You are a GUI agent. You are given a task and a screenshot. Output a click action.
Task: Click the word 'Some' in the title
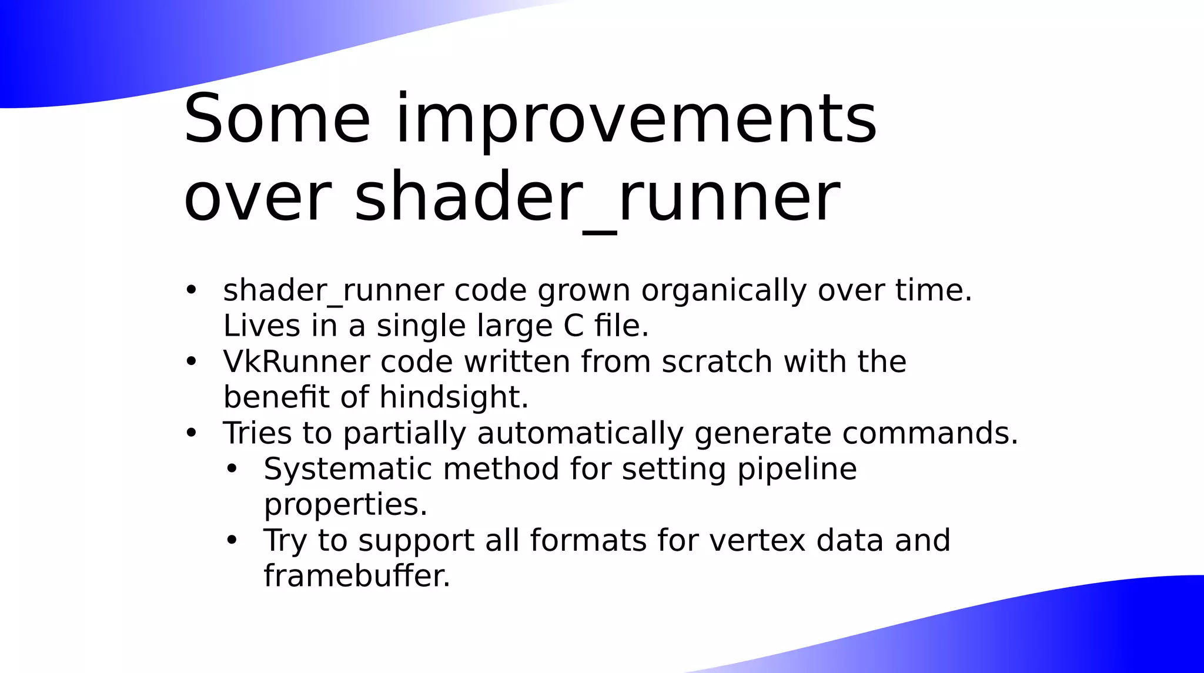point(277,120)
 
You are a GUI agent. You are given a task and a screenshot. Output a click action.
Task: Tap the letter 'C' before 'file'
point(573,326)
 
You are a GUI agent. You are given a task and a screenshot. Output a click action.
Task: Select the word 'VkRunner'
point(296,361)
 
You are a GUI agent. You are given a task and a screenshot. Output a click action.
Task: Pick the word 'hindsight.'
point(454,397)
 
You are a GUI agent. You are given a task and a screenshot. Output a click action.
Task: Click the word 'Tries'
point(257,433)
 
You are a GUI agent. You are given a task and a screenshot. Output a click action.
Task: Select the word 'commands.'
point(930,433)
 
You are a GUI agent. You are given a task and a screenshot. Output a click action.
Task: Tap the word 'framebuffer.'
point(357,576)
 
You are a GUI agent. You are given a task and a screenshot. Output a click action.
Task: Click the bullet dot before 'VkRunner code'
point(191,361)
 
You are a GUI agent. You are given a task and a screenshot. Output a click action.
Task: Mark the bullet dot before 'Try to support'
point(232,540)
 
